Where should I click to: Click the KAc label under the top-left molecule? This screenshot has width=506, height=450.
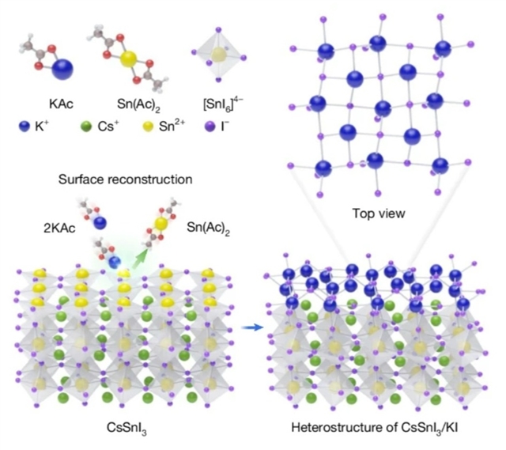pos(61,104)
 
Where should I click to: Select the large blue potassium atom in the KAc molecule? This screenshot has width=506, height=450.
pos(62,69)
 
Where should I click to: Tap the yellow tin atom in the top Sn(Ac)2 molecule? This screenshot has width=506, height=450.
pos(128,59)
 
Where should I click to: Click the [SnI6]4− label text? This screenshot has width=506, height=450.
pos(223,104)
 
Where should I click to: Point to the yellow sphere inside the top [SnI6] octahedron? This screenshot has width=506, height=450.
pos(218,54)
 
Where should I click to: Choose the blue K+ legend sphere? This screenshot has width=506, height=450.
pos(25,127)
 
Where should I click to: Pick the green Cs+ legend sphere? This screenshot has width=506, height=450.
pos(86,127)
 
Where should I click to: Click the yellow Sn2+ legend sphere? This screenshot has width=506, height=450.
pos(148,127)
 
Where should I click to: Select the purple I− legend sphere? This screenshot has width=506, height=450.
pos(210,127)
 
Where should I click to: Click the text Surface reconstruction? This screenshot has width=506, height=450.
pos(126,180)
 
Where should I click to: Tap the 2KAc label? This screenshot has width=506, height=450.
pos(60,229)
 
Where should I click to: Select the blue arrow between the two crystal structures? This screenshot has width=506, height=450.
pos(253,327)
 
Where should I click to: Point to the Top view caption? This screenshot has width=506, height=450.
pos(379,214)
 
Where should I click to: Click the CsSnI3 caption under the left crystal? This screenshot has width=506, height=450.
pos(126,428)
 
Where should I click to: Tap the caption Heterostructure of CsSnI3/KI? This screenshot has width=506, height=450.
pos(375,428)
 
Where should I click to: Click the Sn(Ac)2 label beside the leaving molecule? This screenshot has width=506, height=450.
pos(209,229)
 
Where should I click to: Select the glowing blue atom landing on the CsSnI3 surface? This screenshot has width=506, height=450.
pos(114,262)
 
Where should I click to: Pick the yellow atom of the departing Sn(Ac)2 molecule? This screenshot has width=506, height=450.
pos(161,223)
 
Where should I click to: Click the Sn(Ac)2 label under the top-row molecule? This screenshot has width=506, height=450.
pos(138,104)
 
